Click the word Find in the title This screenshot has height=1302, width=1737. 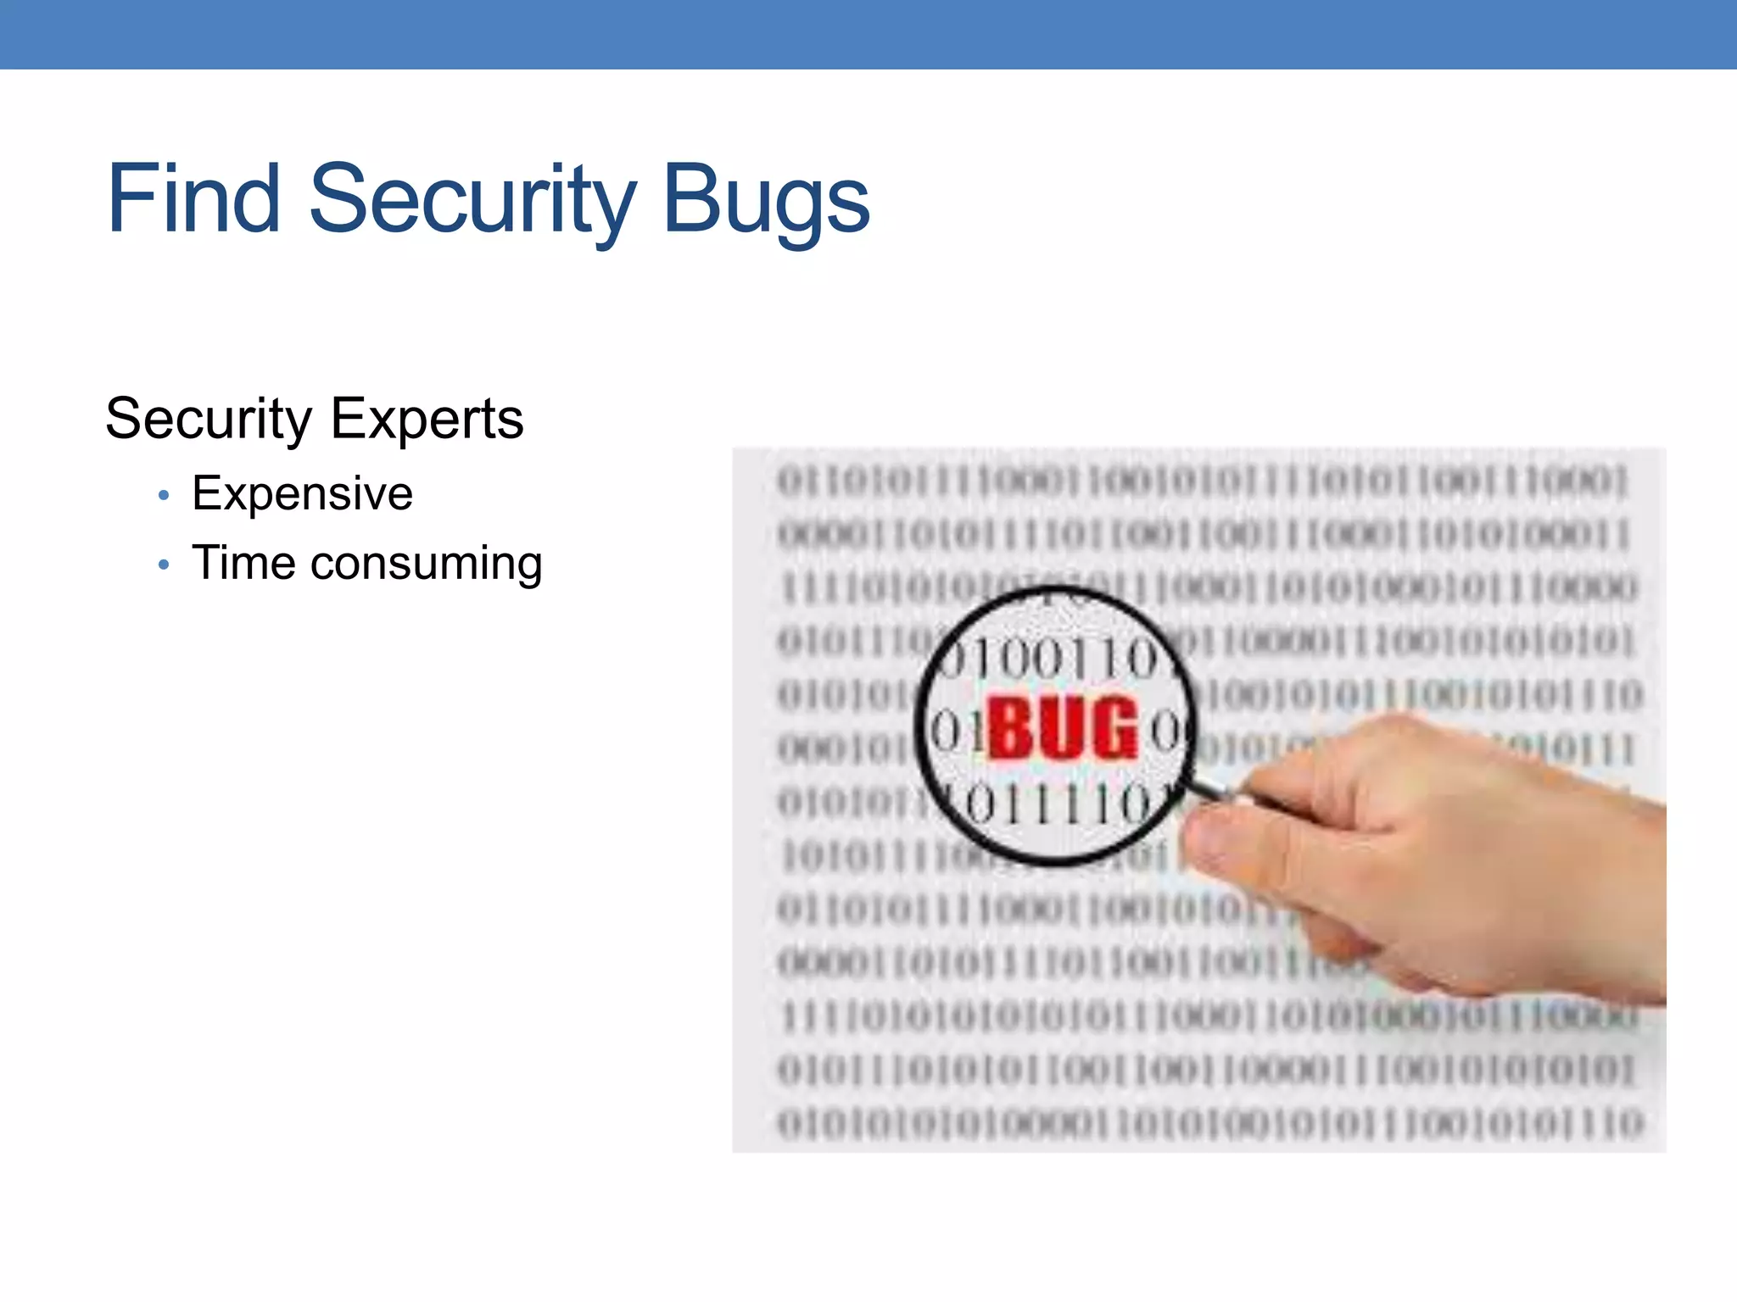pos(193,200)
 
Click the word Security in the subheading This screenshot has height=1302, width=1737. pos(209,420)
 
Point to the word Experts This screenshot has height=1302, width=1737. pos(427,420)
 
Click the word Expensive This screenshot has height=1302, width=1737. pos(302,494)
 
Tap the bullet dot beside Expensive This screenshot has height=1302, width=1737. pos(164,495)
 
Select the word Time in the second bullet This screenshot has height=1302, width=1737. pos(243,563)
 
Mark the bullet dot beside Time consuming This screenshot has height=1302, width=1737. pos(164,565)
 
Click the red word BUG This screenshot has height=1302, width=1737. pos(1062,728)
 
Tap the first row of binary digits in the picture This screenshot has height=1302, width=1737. pos(1203,481)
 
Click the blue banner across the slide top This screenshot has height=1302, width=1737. pos(868,34)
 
